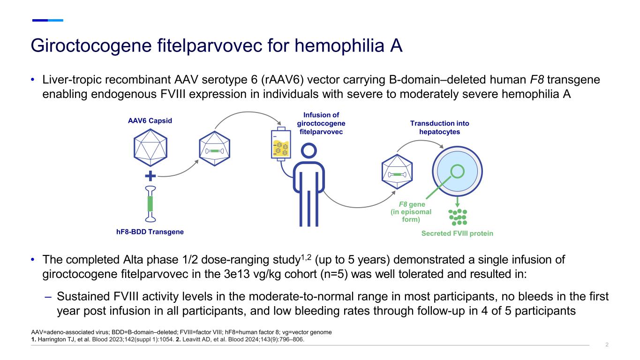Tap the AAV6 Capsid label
tap(150, 120)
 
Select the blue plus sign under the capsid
tap(150, 176)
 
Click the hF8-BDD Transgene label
tap(150, 232)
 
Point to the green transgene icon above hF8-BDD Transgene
tap(151, 203)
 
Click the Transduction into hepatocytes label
tap(439, 127)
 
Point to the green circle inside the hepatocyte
tap(457, 171)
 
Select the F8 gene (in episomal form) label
tap(411, 212)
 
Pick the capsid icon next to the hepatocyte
tap(397, 174)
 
